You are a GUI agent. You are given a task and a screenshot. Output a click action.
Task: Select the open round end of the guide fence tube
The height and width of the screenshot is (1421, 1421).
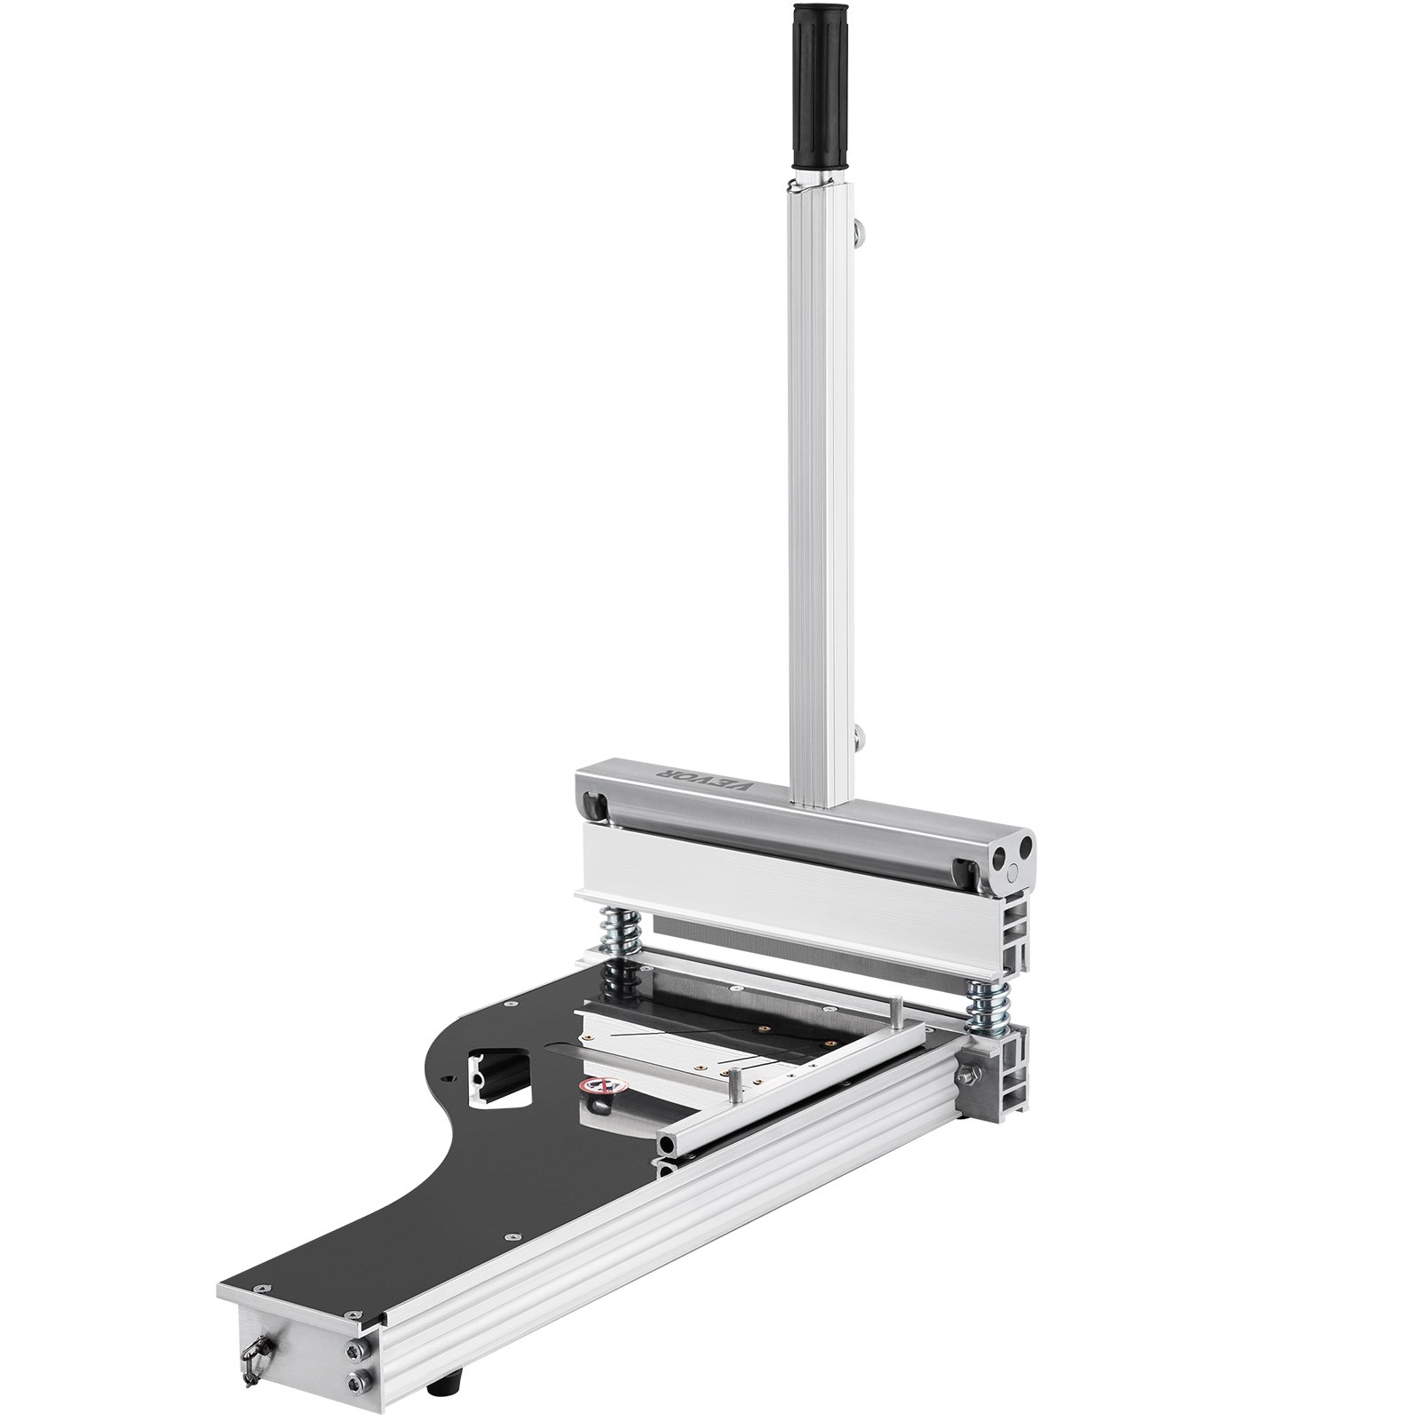point(666,1139)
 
